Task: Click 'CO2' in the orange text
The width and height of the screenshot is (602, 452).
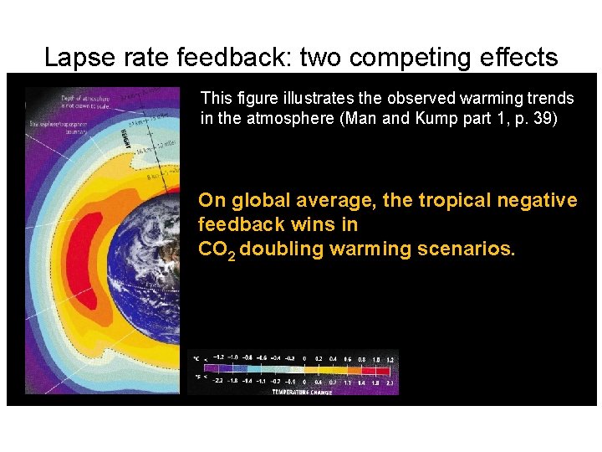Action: point(216,249)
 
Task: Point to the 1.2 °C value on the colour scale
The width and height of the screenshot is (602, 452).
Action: point(389,358)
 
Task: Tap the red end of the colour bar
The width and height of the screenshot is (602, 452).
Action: point(388,369)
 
